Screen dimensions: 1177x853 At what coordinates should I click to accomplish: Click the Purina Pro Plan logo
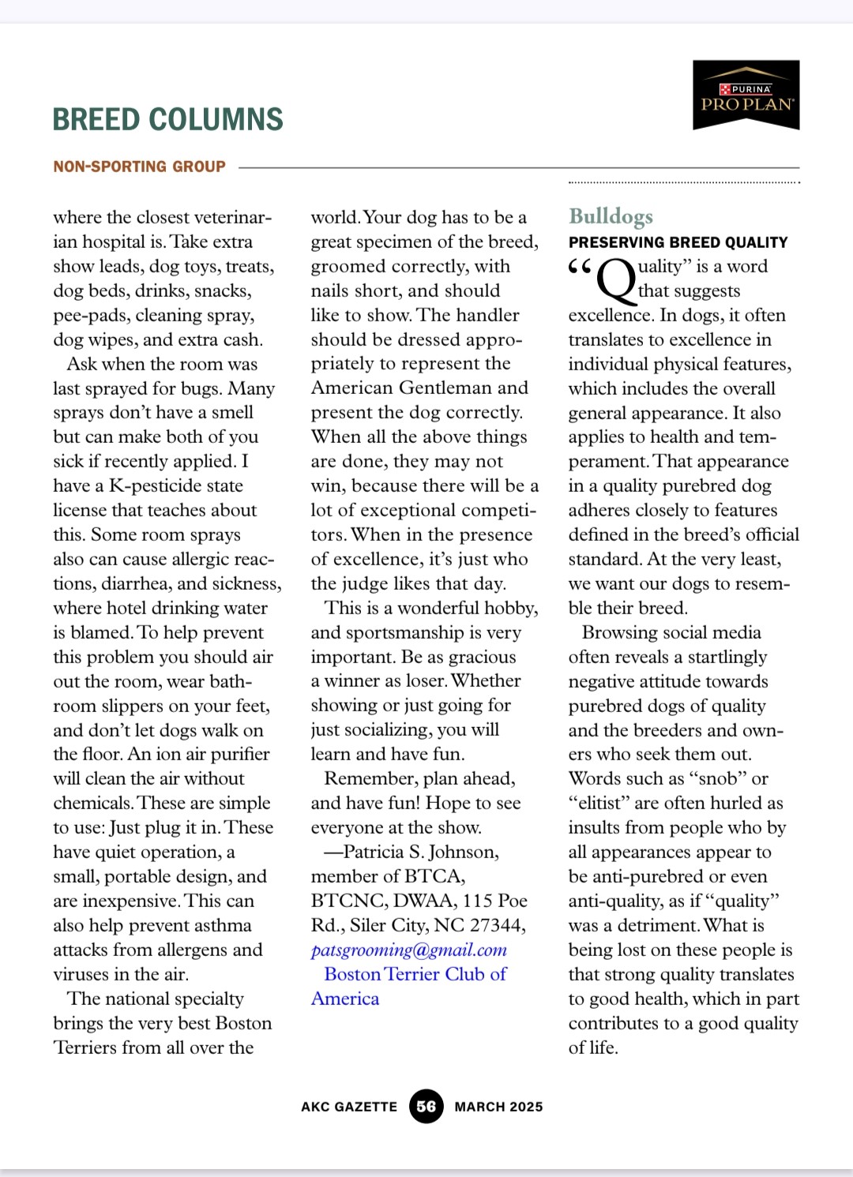pyautogui.click(x=746, y=95)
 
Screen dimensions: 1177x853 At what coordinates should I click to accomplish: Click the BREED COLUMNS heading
pyautogui.click(x=167, y=120)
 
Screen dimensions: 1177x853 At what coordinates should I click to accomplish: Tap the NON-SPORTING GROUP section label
pyautogui.click(x=140, y=167)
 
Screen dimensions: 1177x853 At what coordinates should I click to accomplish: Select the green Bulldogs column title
pyautogui.click(x=611, y=216)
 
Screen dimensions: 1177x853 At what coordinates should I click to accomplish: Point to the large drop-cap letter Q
pyautogui.click(x=616, y=280)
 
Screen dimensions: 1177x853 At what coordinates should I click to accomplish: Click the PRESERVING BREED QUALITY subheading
pyautogui.click(x=678, y=242)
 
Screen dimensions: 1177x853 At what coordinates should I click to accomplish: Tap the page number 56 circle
pyautogui.click(x=426, y=1106)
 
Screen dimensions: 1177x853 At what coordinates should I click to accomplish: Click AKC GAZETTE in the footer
pyautogui.click(x=349, y=1107)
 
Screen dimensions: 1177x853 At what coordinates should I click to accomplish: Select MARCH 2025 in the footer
pyautogui.click(x=498, y=1107)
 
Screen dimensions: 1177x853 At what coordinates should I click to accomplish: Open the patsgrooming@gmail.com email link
pyautogui.click(x=408, y=950)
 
